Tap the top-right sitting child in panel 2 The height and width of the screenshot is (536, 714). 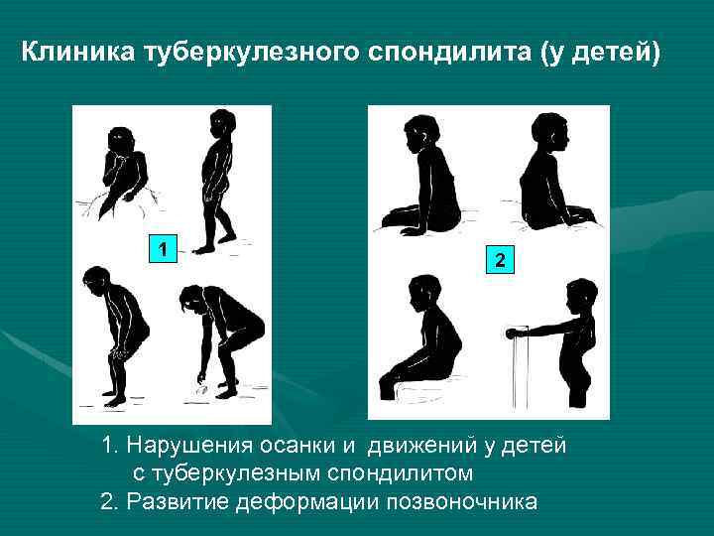point(551,176)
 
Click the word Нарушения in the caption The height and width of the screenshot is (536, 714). point(194,446)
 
